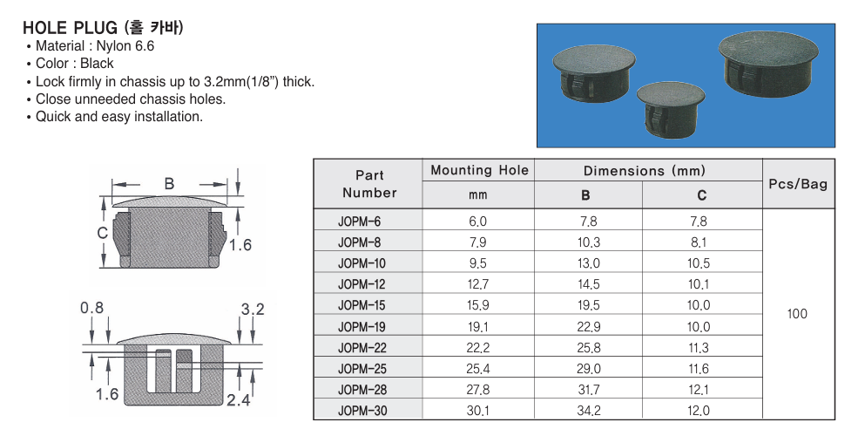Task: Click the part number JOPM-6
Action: (x=359, y=221)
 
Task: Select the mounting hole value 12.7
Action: (x=477, y=284)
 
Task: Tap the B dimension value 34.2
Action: (x=589, y=411)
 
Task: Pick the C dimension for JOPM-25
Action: (x=698, y=368)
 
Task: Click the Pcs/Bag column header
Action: (x=798, y=184)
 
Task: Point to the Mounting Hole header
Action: (x=479, y=170)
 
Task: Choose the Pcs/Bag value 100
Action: (x=797, y=314)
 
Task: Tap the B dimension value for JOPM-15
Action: (x=589, y=305)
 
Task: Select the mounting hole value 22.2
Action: (x=477, y=347)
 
